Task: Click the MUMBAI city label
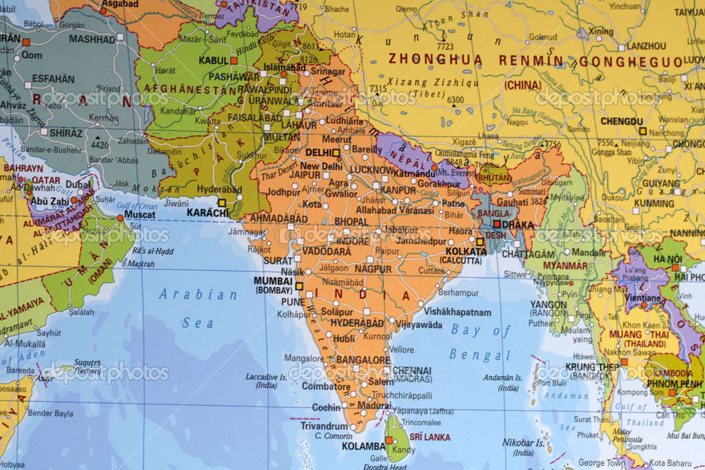(x=274, y=280)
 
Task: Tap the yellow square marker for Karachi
(x=222, y=203)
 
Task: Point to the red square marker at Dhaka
(x=496, y=224)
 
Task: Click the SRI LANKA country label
(x=430, y=437)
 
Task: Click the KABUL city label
(x=213, y=61)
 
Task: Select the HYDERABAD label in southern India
(x=357, y=323)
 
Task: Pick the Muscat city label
(x=140, y=214)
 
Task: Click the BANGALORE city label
(x=363, y=360)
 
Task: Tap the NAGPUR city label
(x=374, y=269)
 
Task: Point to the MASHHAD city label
(x=92, y=39)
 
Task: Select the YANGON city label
(x=549, y=304)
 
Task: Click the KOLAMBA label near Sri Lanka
(x=362, y=446)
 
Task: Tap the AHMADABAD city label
(x=278, y=218)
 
